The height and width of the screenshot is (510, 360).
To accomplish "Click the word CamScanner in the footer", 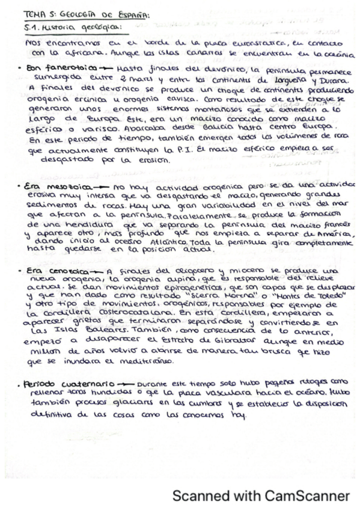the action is pyautogui.click(x=305, y=496).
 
